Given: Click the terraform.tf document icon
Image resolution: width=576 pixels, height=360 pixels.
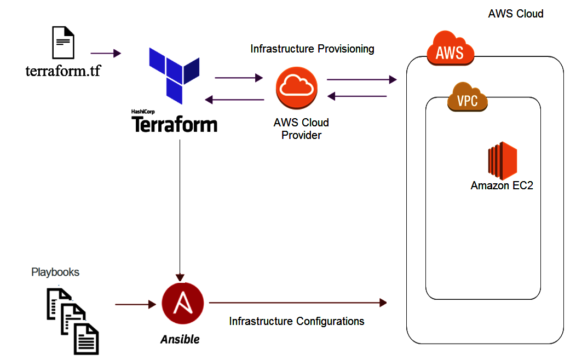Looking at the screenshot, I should [x=63, y=43].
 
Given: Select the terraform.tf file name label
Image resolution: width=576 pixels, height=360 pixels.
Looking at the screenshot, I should [x=63, y=71].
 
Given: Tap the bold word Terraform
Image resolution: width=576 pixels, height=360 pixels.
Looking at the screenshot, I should [x=174, y=125].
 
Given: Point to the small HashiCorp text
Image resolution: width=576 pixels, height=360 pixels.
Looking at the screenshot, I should [x=143, y=112].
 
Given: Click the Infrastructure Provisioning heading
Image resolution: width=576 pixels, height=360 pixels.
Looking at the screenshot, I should [x=312, y=49].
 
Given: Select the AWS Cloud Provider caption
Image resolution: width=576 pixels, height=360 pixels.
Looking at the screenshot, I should [x=301, y=129].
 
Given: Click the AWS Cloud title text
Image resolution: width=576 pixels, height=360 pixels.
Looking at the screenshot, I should [x=515, y=14].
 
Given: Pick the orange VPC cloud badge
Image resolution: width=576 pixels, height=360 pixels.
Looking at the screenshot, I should [x=467, y=99].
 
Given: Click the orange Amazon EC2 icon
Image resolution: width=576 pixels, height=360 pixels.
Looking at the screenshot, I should [x=503, y=161].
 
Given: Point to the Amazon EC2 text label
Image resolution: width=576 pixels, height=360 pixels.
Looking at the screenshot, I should [x=502, y=186].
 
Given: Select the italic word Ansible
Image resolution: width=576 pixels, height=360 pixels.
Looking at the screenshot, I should [x=180, y=339].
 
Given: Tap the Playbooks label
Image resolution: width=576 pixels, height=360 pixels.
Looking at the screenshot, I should [x=55, y=272].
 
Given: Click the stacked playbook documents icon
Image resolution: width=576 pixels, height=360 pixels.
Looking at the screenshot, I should [x=72, y=320].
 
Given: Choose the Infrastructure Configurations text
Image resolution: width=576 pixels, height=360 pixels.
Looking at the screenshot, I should [x=296, y=321].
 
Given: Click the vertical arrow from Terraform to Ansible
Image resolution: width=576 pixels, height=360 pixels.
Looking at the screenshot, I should [x=180, y=208].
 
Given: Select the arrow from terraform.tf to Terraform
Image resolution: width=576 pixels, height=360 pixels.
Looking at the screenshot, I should [x=105, y=53].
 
